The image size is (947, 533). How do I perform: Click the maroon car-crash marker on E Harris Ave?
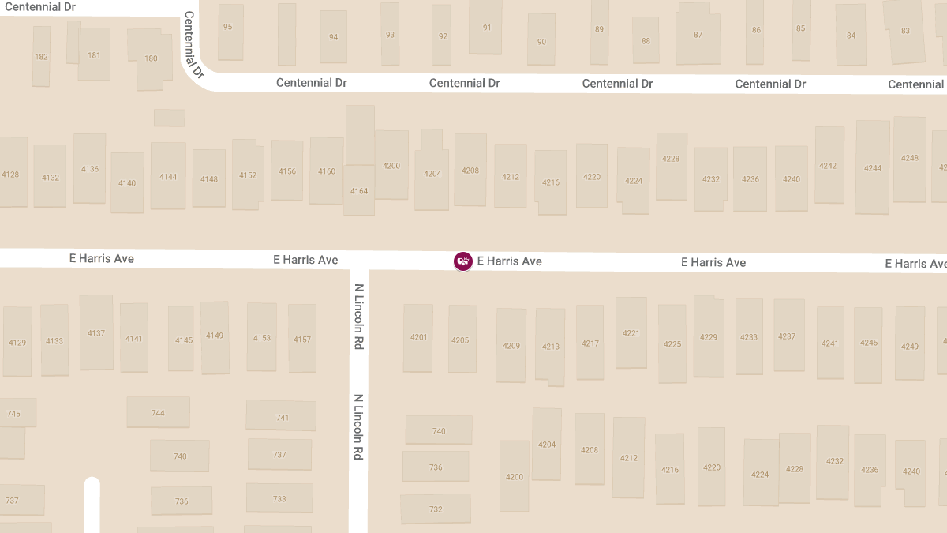(x=463, y=261)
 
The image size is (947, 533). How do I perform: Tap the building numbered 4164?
(x=359, y=191)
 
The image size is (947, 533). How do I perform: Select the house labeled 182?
(x=41, y=57)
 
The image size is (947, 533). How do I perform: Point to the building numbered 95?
(x=228, y=27)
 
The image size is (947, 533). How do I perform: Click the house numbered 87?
(x=698, y=35)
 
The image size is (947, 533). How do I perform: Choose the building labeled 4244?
(x=872, y=168)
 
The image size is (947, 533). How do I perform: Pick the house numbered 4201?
(x=418, y=338)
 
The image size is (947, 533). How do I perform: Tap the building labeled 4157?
(x=302, y=340)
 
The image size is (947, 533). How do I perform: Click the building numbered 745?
(x=14, y=414)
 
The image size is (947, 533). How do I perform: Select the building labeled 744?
(x=158, y=412)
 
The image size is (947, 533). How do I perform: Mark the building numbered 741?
(x=282, y=417)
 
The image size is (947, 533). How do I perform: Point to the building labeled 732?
(x=436, y=509)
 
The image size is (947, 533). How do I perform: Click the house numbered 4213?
(x=550, y=346)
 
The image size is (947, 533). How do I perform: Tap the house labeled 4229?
(x=708, y=337)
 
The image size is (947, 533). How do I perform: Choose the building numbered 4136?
(x=90, y=169)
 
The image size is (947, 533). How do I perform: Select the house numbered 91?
(x=486, y=28)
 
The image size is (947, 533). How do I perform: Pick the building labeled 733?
(x=279, y=499)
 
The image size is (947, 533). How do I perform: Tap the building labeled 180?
(x=151, y=58)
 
